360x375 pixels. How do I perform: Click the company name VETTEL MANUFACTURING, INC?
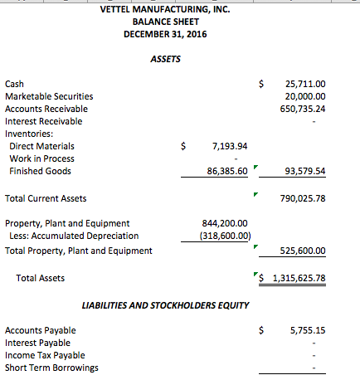(164, 9)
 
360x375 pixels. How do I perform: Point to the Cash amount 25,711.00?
(305, 84)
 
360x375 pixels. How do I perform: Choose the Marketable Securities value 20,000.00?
(305, 96)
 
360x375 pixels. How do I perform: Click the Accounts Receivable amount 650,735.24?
(303, 109)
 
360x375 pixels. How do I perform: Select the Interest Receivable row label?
(44, 121)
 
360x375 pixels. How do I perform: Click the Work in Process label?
(41, 158)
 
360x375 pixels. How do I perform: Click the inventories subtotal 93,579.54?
(304, 172)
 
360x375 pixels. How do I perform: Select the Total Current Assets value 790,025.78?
(303, 199)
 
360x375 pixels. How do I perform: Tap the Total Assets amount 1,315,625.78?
(298, 278)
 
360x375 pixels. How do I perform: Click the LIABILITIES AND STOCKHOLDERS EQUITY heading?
(166, 305)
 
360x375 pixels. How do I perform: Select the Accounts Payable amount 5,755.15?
(308, 330)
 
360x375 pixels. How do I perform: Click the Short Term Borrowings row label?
(51, 368)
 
